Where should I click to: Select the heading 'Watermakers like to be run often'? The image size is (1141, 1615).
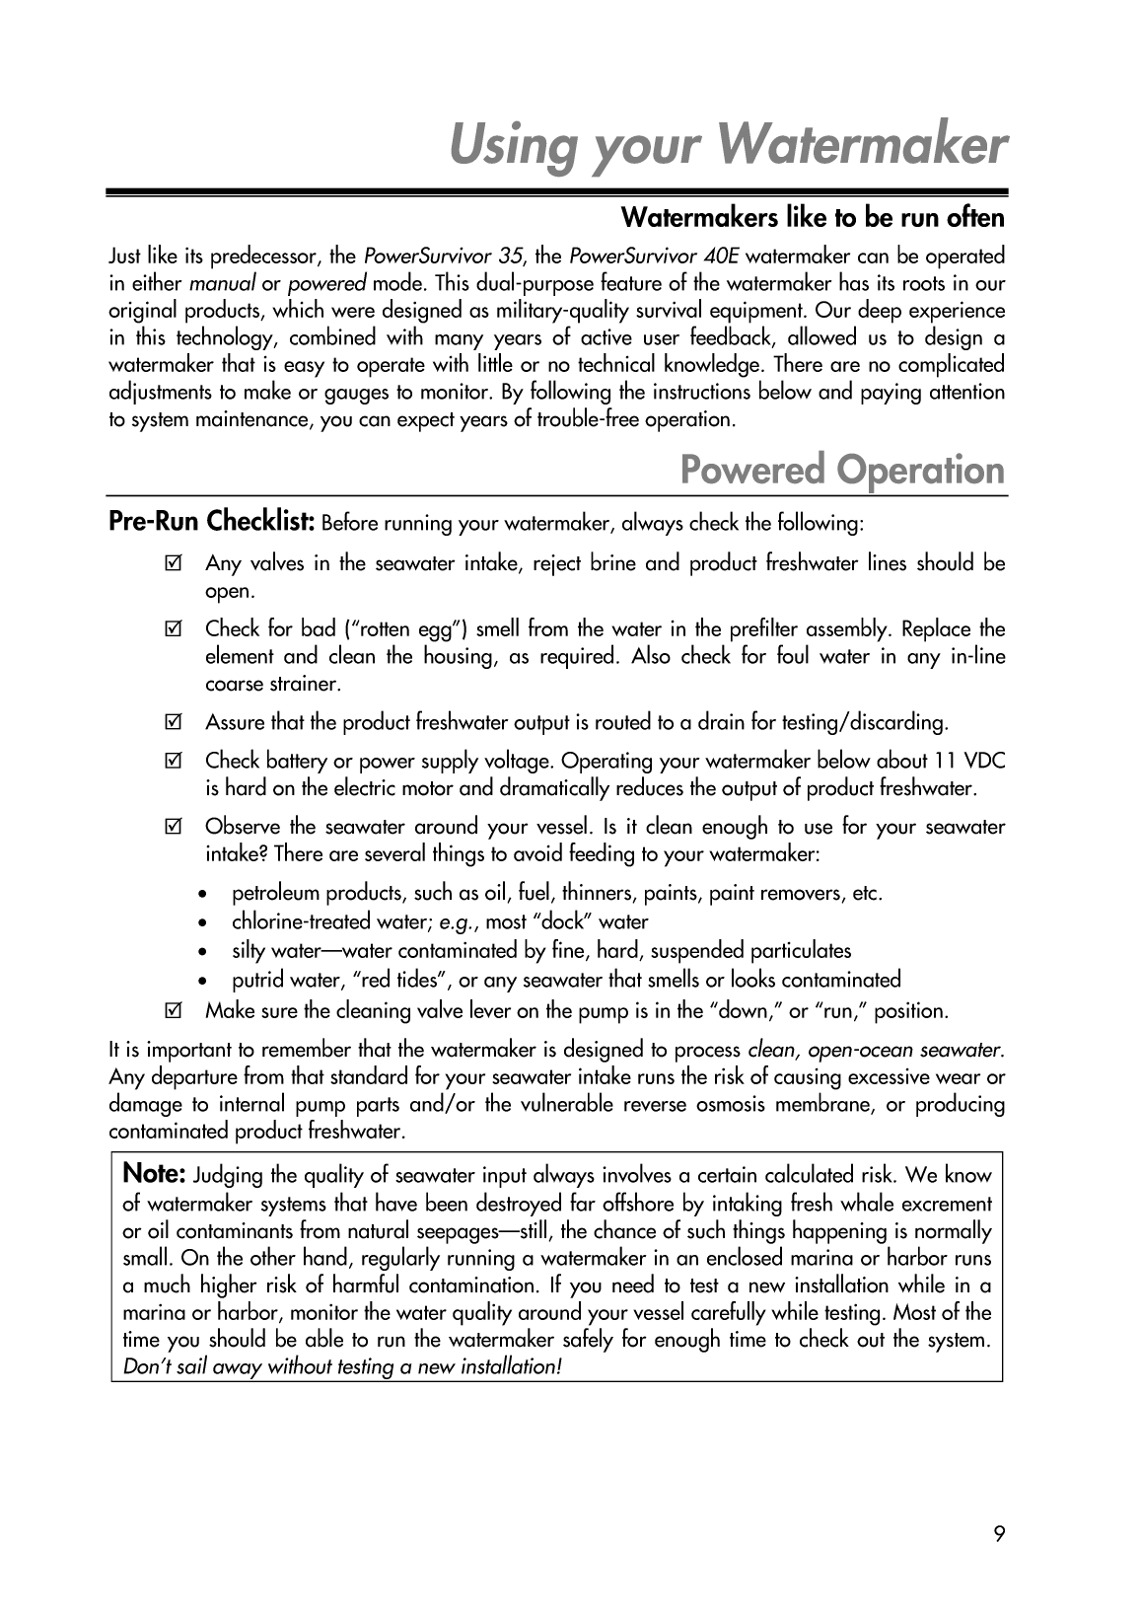point(812,216)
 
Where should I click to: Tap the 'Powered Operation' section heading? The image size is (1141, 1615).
point(842,470)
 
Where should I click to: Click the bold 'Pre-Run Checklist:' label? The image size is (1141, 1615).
point(211,520)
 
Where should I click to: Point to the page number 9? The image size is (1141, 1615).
point(999,1533)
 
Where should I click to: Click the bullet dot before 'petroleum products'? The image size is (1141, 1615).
point(202,895)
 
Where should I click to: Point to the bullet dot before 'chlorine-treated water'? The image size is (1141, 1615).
point(202,923)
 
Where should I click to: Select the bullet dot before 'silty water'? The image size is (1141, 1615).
point(202,952)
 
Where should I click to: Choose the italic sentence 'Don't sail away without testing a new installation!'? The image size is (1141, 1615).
point(342,1367)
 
